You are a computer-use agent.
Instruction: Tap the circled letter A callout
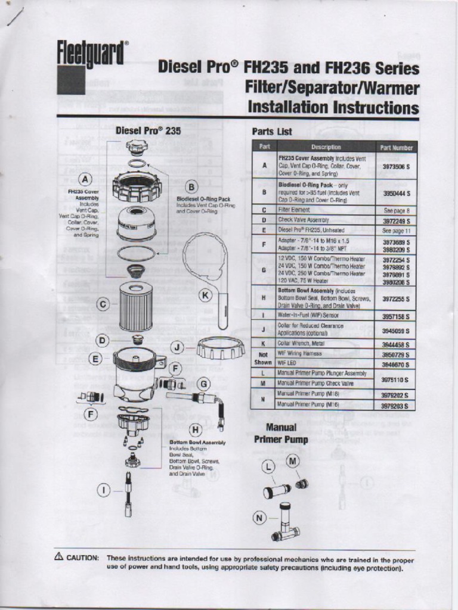[x=86, y=179]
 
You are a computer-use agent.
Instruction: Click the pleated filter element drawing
[x=135, y=307]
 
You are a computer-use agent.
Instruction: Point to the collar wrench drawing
[x=206, y=268]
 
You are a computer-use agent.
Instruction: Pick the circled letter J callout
[x=178, y=347]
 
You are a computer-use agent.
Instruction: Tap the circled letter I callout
[x=104, y=490]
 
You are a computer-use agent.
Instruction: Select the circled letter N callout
[x=259, y=518]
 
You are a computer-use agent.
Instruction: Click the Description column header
[x=326, y=147]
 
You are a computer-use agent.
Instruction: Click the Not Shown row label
[x=263, y=357]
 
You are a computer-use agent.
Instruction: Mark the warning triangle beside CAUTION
[x=59, y=557]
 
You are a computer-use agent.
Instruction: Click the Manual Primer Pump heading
[x=281, y=434]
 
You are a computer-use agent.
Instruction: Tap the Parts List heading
[x=271, y=131]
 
